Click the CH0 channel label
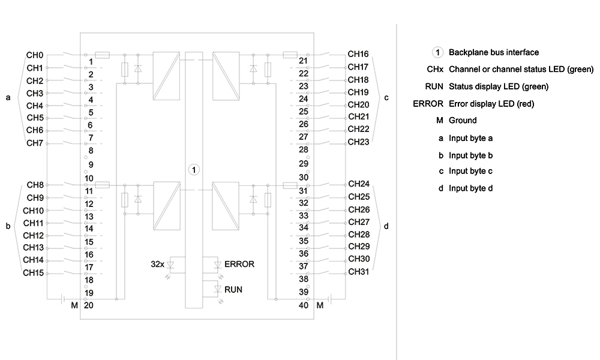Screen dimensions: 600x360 click(35, 55)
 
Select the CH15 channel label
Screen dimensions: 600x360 click(33, 273)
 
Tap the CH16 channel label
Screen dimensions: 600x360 click(358, 54)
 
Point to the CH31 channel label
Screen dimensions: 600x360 click(359, 272)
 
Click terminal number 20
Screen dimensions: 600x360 click(88, 305)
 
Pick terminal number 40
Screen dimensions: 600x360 click(304, 305)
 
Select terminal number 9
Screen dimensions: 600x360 click(91, 165)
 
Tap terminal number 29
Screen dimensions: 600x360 click(304, 164)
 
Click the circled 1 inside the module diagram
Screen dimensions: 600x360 click(194, 170)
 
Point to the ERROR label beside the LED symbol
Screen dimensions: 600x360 click(239, 265)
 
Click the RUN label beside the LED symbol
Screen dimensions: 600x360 click(233, 290)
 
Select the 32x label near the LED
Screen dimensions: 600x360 click(157, 265)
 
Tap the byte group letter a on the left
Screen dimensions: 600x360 click(8, 98)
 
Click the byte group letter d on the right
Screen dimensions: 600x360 click(386, 226)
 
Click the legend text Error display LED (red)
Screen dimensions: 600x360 click(491, 104)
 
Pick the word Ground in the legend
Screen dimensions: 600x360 click(463, 121)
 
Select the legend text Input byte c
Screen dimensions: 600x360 click(470, 171)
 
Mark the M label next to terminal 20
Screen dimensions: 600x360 click(74, 305)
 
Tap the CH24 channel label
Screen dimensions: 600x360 click(359, 184)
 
